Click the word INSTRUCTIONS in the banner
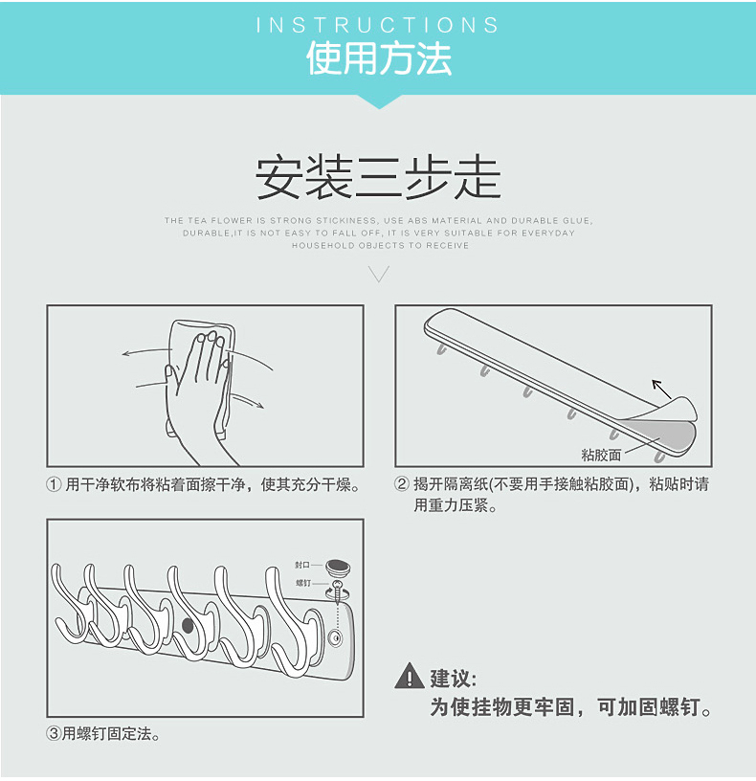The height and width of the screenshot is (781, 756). pyautogui.click(x=377, y=26)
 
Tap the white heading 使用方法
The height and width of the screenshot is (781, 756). pyautogui.click(x=379, y=58)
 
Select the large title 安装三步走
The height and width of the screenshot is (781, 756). pyautogui.click(x=378, y=178)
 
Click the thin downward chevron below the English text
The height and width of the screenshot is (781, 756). pyautogui.click(x=379, y=274)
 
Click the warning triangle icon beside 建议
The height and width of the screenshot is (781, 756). pyautogui.click(x=410, y=676)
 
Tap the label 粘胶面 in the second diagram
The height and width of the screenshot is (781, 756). pyautogui.click(x=601, y=455)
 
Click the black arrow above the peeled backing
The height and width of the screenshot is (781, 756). pyautogui.click(x=661, y=389)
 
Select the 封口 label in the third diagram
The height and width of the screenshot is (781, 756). pyautogui.click(x=301, y=565)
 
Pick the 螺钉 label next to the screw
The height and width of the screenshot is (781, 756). pyautogui.click(x=303, y=583)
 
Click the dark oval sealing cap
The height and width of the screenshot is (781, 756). pyautogui.click(x=338, y=567)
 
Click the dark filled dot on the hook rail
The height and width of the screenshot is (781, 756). pyautogui.click(x=188, y=626)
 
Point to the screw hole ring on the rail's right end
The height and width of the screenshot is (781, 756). pyautogui.click(x=335, y=638)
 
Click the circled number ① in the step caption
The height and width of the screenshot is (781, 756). pyautogui.click(x=54, y=484)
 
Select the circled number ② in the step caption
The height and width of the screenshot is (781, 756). pyautogui.click(x=402, y=484)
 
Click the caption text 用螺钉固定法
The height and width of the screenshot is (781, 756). pyautogui.click(x=106, y=734)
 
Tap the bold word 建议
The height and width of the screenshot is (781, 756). pyautogui.click(x=453, y=679)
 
